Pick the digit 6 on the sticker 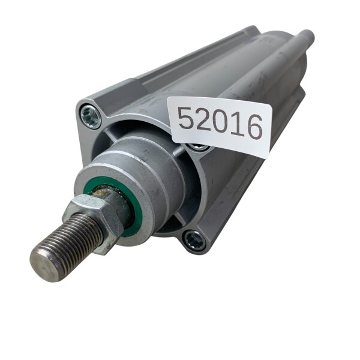pyautogui.click(x=254, y=127)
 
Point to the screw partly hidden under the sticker pyautogui.click(x=198, y=146)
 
